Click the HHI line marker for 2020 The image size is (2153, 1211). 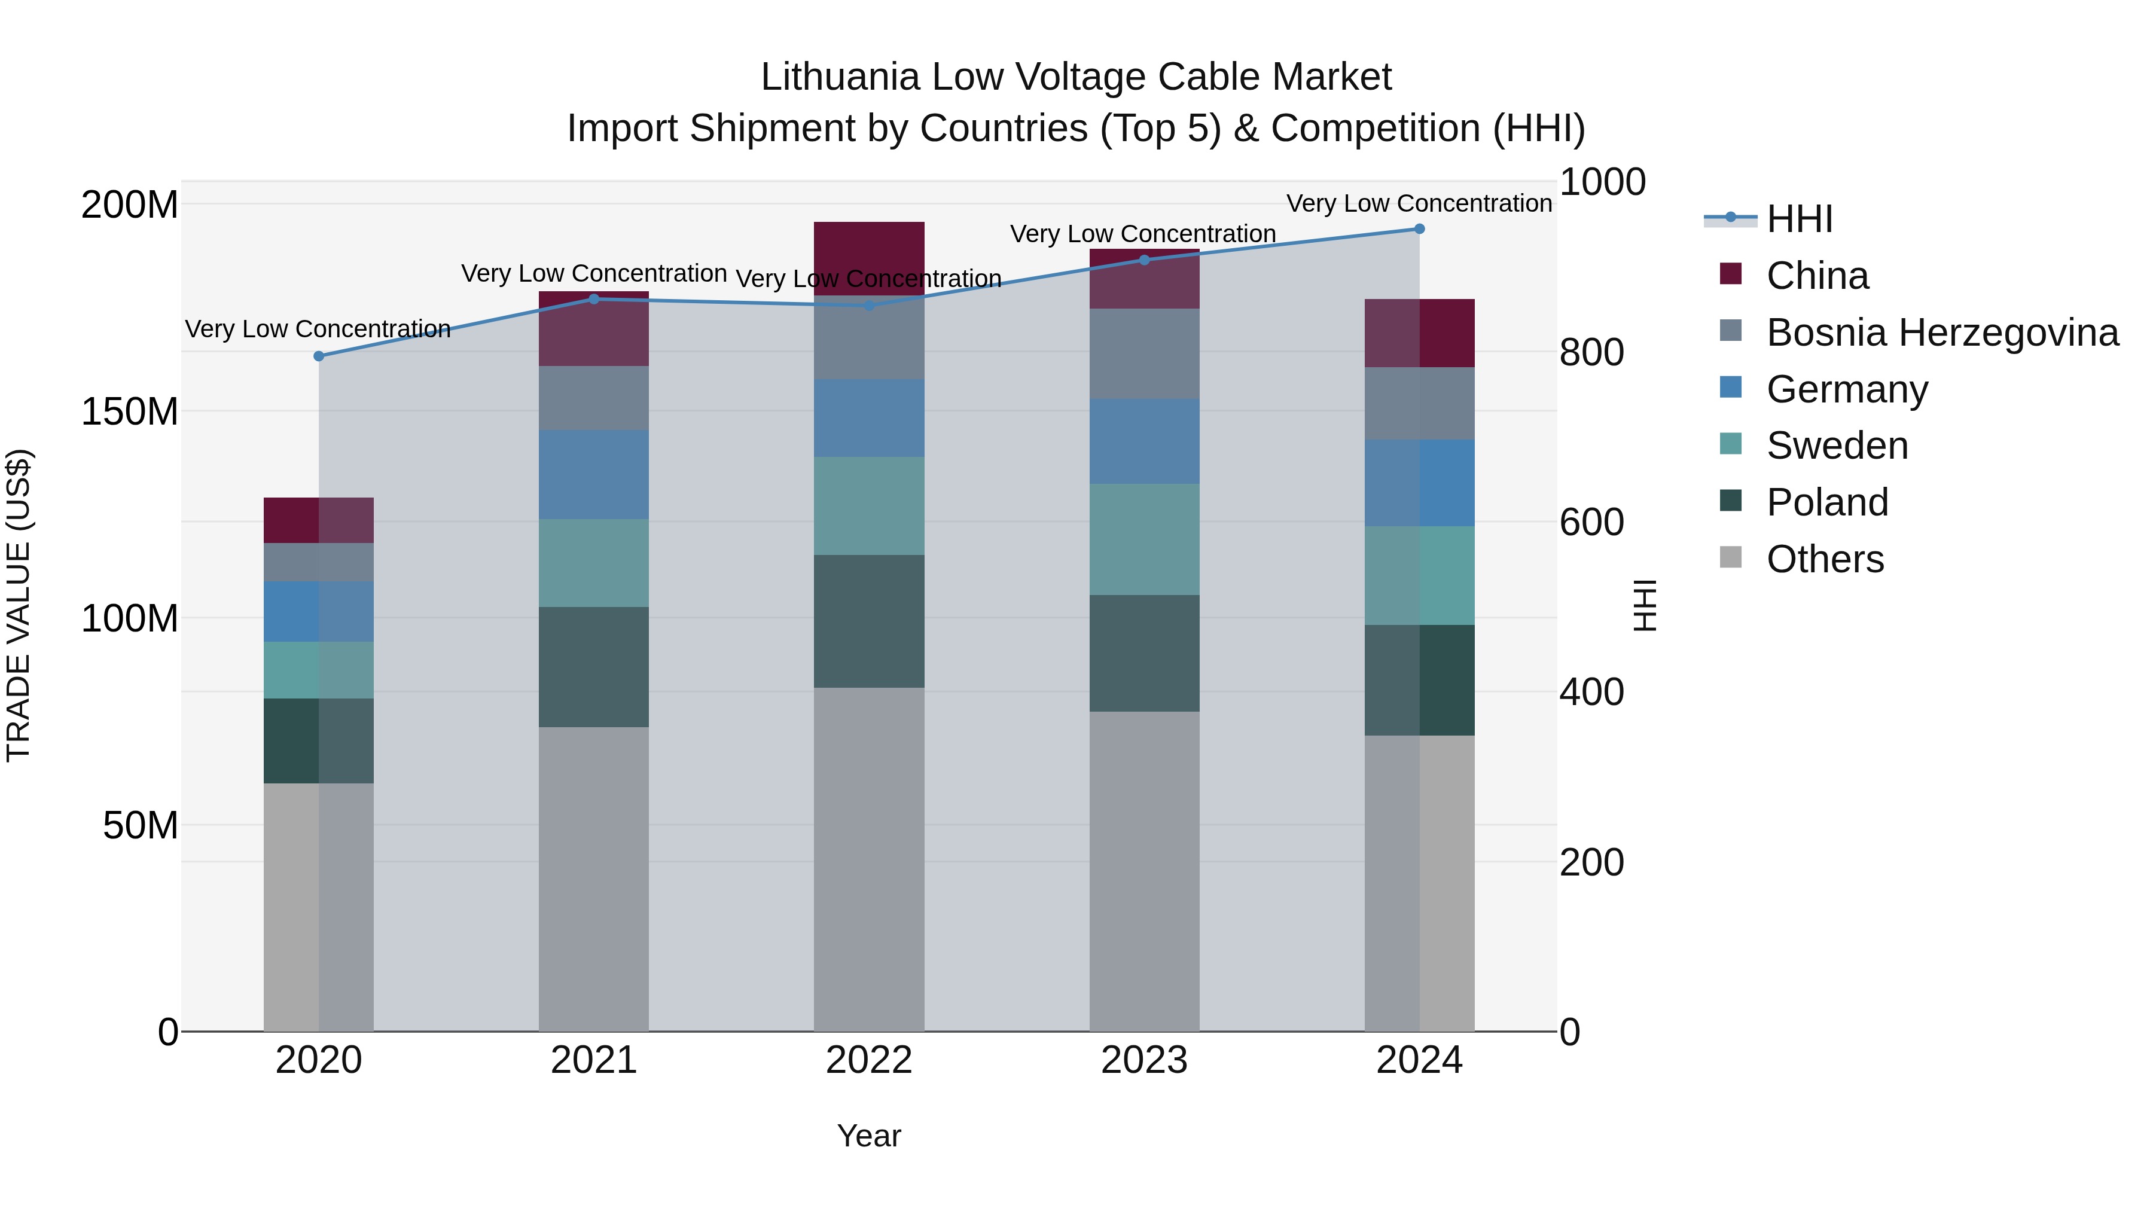coord(318,356)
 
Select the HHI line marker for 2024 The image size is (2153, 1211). coord(1419,229)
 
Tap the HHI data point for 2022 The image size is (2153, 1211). coord(869,306)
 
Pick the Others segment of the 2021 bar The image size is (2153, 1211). coord(593,877)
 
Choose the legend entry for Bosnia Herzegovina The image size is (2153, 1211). coord(1941,333)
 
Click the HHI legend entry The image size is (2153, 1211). coord(1798,219)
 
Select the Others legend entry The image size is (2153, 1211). coord(1825,559)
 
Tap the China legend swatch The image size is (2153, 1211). coord(1730,274)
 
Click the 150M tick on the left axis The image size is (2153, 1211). coord(130,411)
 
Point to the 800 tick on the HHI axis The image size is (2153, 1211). coord(1590,352)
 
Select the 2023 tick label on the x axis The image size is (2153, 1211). coord(1144,1060)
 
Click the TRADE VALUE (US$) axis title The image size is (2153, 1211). coord(19,605)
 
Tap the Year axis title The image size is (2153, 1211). coord(869,1136)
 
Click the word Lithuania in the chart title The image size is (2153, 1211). coord(840,77)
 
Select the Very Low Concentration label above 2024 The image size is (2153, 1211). coord(1419,203)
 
